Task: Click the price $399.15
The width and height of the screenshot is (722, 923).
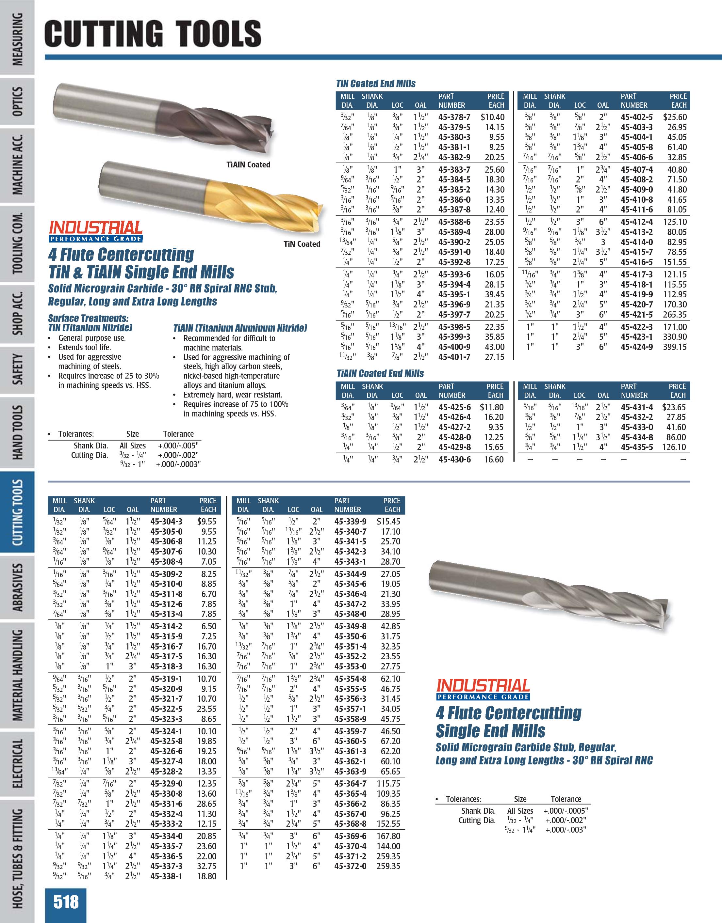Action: [x=675, y=347]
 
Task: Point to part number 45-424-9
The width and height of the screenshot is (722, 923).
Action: [x=636, y=347]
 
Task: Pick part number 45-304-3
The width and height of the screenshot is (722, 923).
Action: [x=166, y=522]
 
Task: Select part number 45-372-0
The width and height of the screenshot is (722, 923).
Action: [x=350, y=866]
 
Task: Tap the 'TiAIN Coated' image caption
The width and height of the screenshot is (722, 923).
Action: [x=248, y=165]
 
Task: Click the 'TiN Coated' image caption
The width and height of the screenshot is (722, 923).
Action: [x=302, y=244]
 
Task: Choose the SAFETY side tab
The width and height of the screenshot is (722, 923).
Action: [x=18, y=370]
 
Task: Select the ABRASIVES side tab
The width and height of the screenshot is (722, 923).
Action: [x=18, y=587]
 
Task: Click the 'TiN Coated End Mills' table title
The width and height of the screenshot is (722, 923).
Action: [x=376, y=84]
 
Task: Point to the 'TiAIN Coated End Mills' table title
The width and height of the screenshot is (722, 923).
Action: [x=380, y=374]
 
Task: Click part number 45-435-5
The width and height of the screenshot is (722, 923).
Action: [x=636, y=447]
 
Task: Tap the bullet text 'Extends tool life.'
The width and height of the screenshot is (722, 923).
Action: [x=85, y=347]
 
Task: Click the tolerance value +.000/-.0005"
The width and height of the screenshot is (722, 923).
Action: [x=566, y=811]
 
